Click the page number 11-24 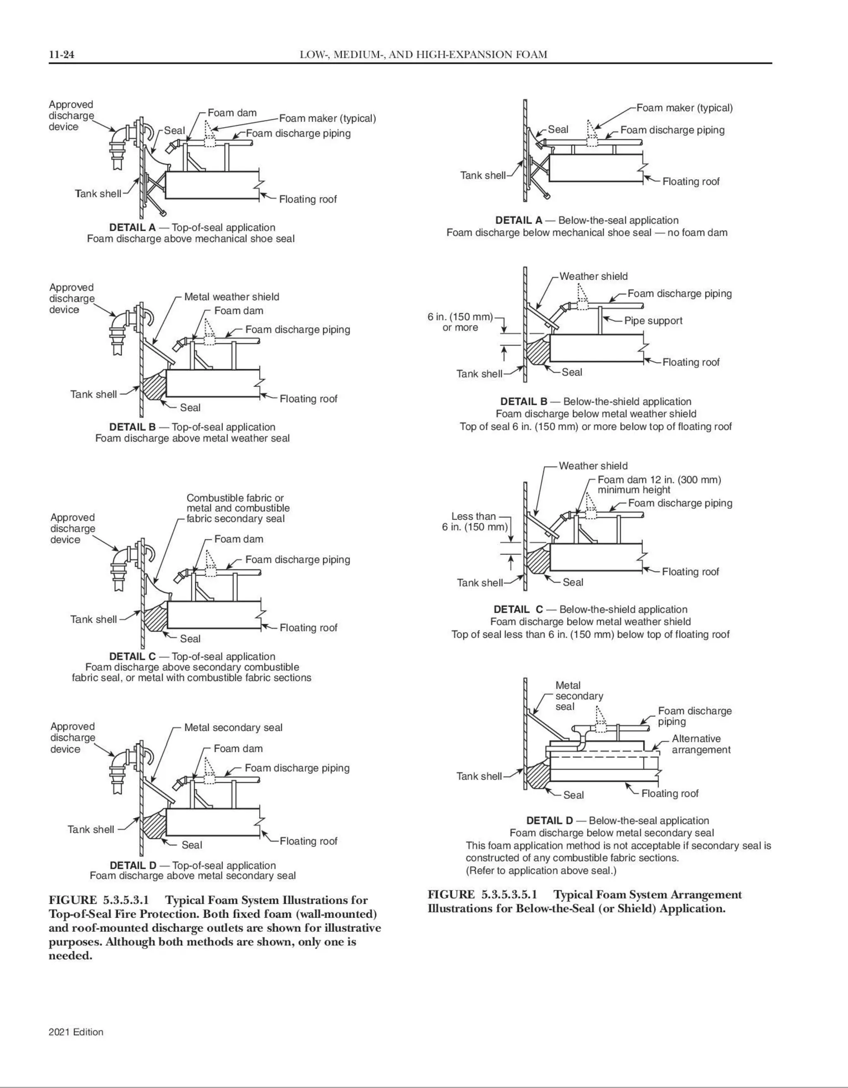61,54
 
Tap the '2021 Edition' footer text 76,1032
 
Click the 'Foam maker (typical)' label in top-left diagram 327,118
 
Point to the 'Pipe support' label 653,321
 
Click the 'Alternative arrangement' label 701,744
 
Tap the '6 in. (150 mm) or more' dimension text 460,322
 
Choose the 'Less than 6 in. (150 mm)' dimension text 474,522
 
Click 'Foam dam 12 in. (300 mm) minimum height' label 659,484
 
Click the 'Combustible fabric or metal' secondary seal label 238,508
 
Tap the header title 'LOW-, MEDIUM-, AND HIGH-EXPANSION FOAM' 423,54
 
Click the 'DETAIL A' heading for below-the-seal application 518,220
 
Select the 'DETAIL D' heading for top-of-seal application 132,866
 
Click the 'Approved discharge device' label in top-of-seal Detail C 73,528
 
